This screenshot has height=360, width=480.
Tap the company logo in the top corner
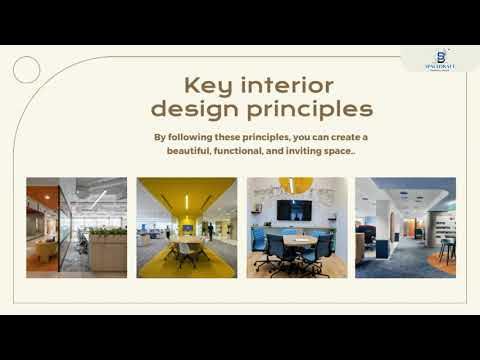(x=440, y=58)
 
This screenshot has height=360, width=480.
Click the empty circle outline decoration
(x=27, y=69)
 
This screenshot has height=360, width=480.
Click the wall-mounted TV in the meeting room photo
(x=294, y=209)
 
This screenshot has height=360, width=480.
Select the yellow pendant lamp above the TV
(x=296, y=184)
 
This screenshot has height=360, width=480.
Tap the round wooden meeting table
(x=298, y=241)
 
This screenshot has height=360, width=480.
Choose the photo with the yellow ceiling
(x=186, y=227)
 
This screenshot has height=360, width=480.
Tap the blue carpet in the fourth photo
(x=395, y=262)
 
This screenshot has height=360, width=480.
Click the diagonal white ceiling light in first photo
(x=100, y=199)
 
